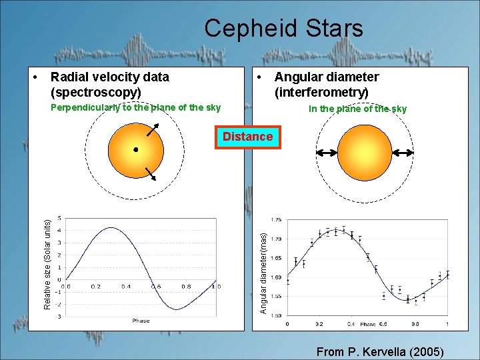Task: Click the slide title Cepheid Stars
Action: coord(283,28)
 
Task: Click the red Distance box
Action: coord(247,137)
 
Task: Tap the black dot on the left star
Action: coord(135,149)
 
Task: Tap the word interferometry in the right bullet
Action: coord(321,92)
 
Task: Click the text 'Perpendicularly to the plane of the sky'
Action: coord(135,108)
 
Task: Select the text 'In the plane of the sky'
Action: coord(357,109)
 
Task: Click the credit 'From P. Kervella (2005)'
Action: coord(380,351)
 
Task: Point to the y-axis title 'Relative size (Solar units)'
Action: coord(47,265)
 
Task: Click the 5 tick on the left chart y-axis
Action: coord(61,218)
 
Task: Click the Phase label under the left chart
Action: coord(141,321)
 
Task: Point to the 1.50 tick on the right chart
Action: coord(276,315)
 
